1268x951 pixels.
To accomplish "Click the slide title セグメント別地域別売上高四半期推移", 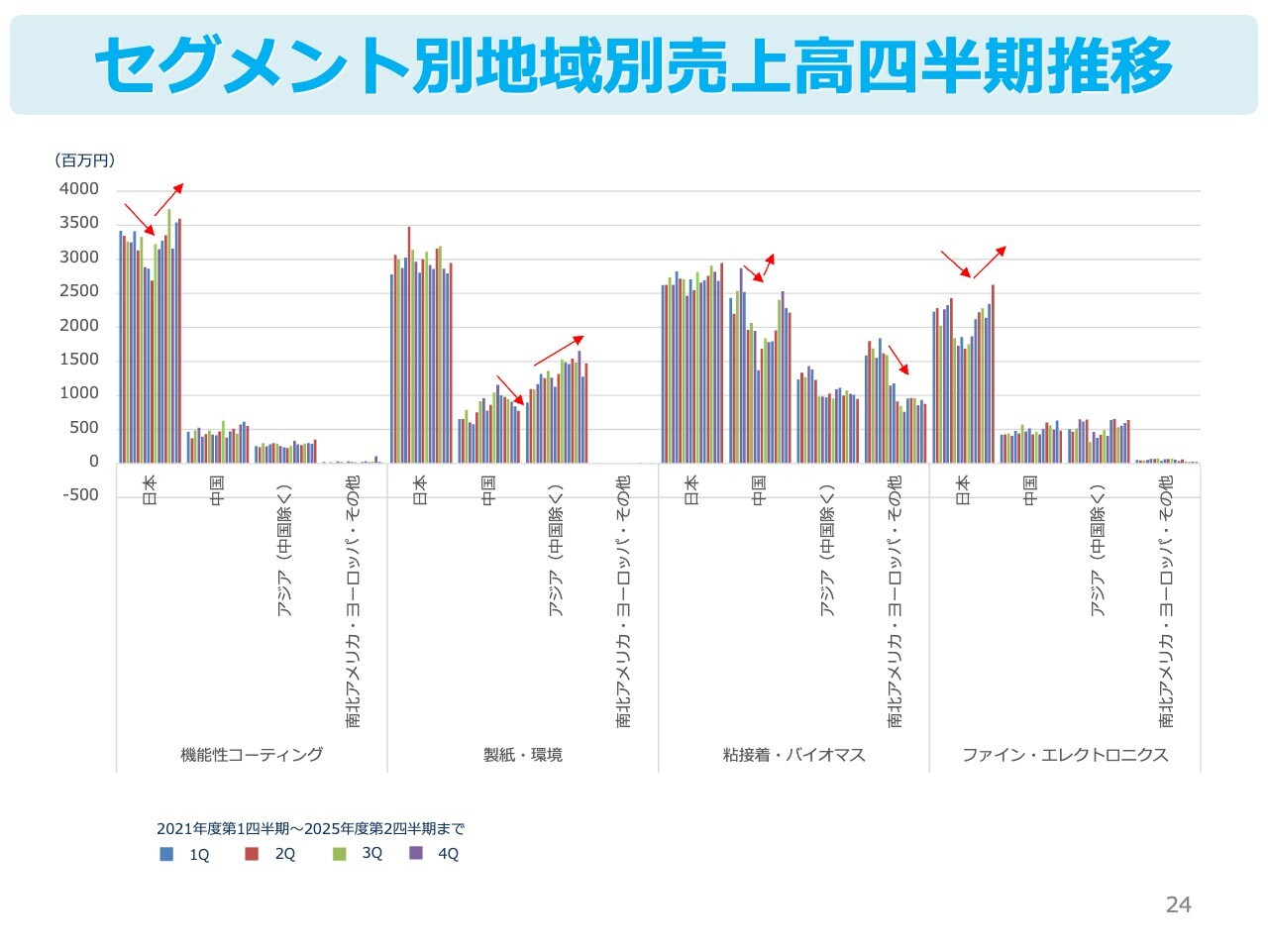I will (x=634, y=65).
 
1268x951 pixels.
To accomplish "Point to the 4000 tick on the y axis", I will (x=79, y=189).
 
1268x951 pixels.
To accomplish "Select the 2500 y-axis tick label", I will (x=79, y=291).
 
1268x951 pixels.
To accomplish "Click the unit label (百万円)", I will (x=84, y=160).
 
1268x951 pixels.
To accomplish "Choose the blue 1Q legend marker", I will (x=166, y=854).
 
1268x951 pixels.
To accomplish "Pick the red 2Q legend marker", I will (x=252, y=854).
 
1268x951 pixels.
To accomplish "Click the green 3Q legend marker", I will (x=339, y=854).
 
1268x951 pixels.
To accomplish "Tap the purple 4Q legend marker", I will (x=416, y=854).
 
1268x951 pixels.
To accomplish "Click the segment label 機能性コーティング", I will (x=252, y=755).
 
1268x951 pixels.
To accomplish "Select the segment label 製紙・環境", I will (x=522, y=755).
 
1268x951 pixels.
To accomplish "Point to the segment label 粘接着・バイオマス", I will (x=793, y=755).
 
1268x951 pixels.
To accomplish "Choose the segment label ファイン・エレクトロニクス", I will (x=1065, y=755).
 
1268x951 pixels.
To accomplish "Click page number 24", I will (x=1178, y=904).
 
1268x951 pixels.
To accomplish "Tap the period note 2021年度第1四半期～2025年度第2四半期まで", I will (x=310, y=829).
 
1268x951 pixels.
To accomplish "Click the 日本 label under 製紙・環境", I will (x=420, y=489).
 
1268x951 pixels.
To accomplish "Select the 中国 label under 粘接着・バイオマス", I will (x=759, y=489).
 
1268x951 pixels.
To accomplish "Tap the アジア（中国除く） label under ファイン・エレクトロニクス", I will (x=1098, y=551).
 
